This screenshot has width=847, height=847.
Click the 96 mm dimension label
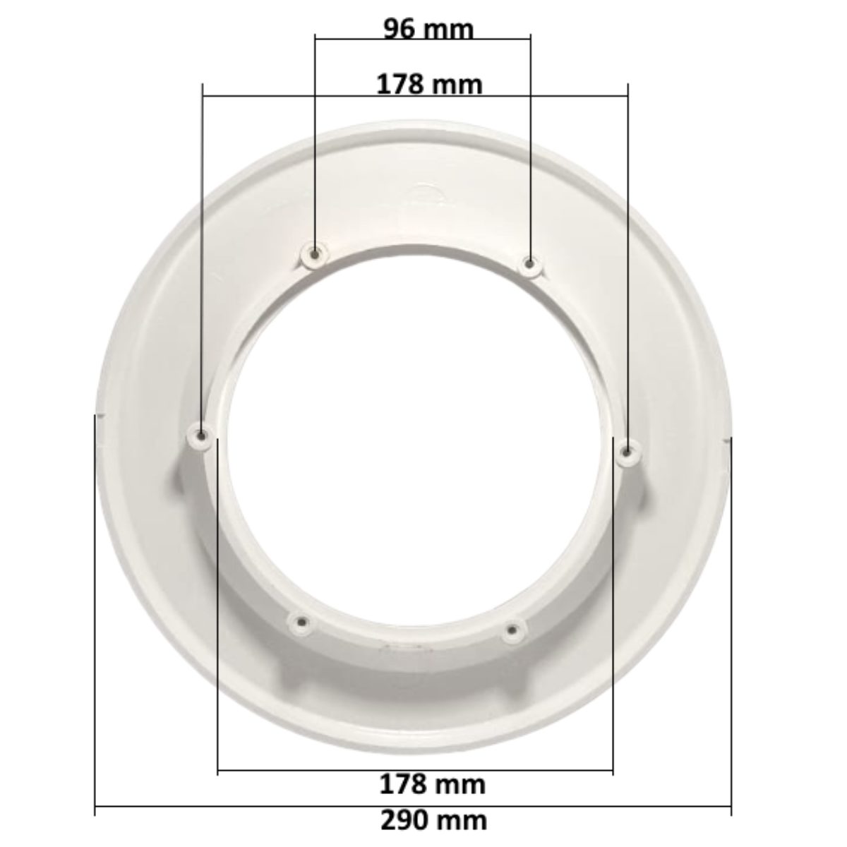(x=428, y=30)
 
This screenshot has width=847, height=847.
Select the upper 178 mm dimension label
(x=429, y=85)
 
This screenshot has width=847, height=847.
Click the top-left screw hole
(x=315, y=253)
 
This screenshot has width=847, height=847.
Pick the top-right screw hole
(x=530, y=265)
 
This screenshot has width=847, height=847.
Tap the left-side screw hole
(x=202, y=436)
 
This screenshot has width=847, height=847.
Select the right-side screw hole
(x=627, y=451)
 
